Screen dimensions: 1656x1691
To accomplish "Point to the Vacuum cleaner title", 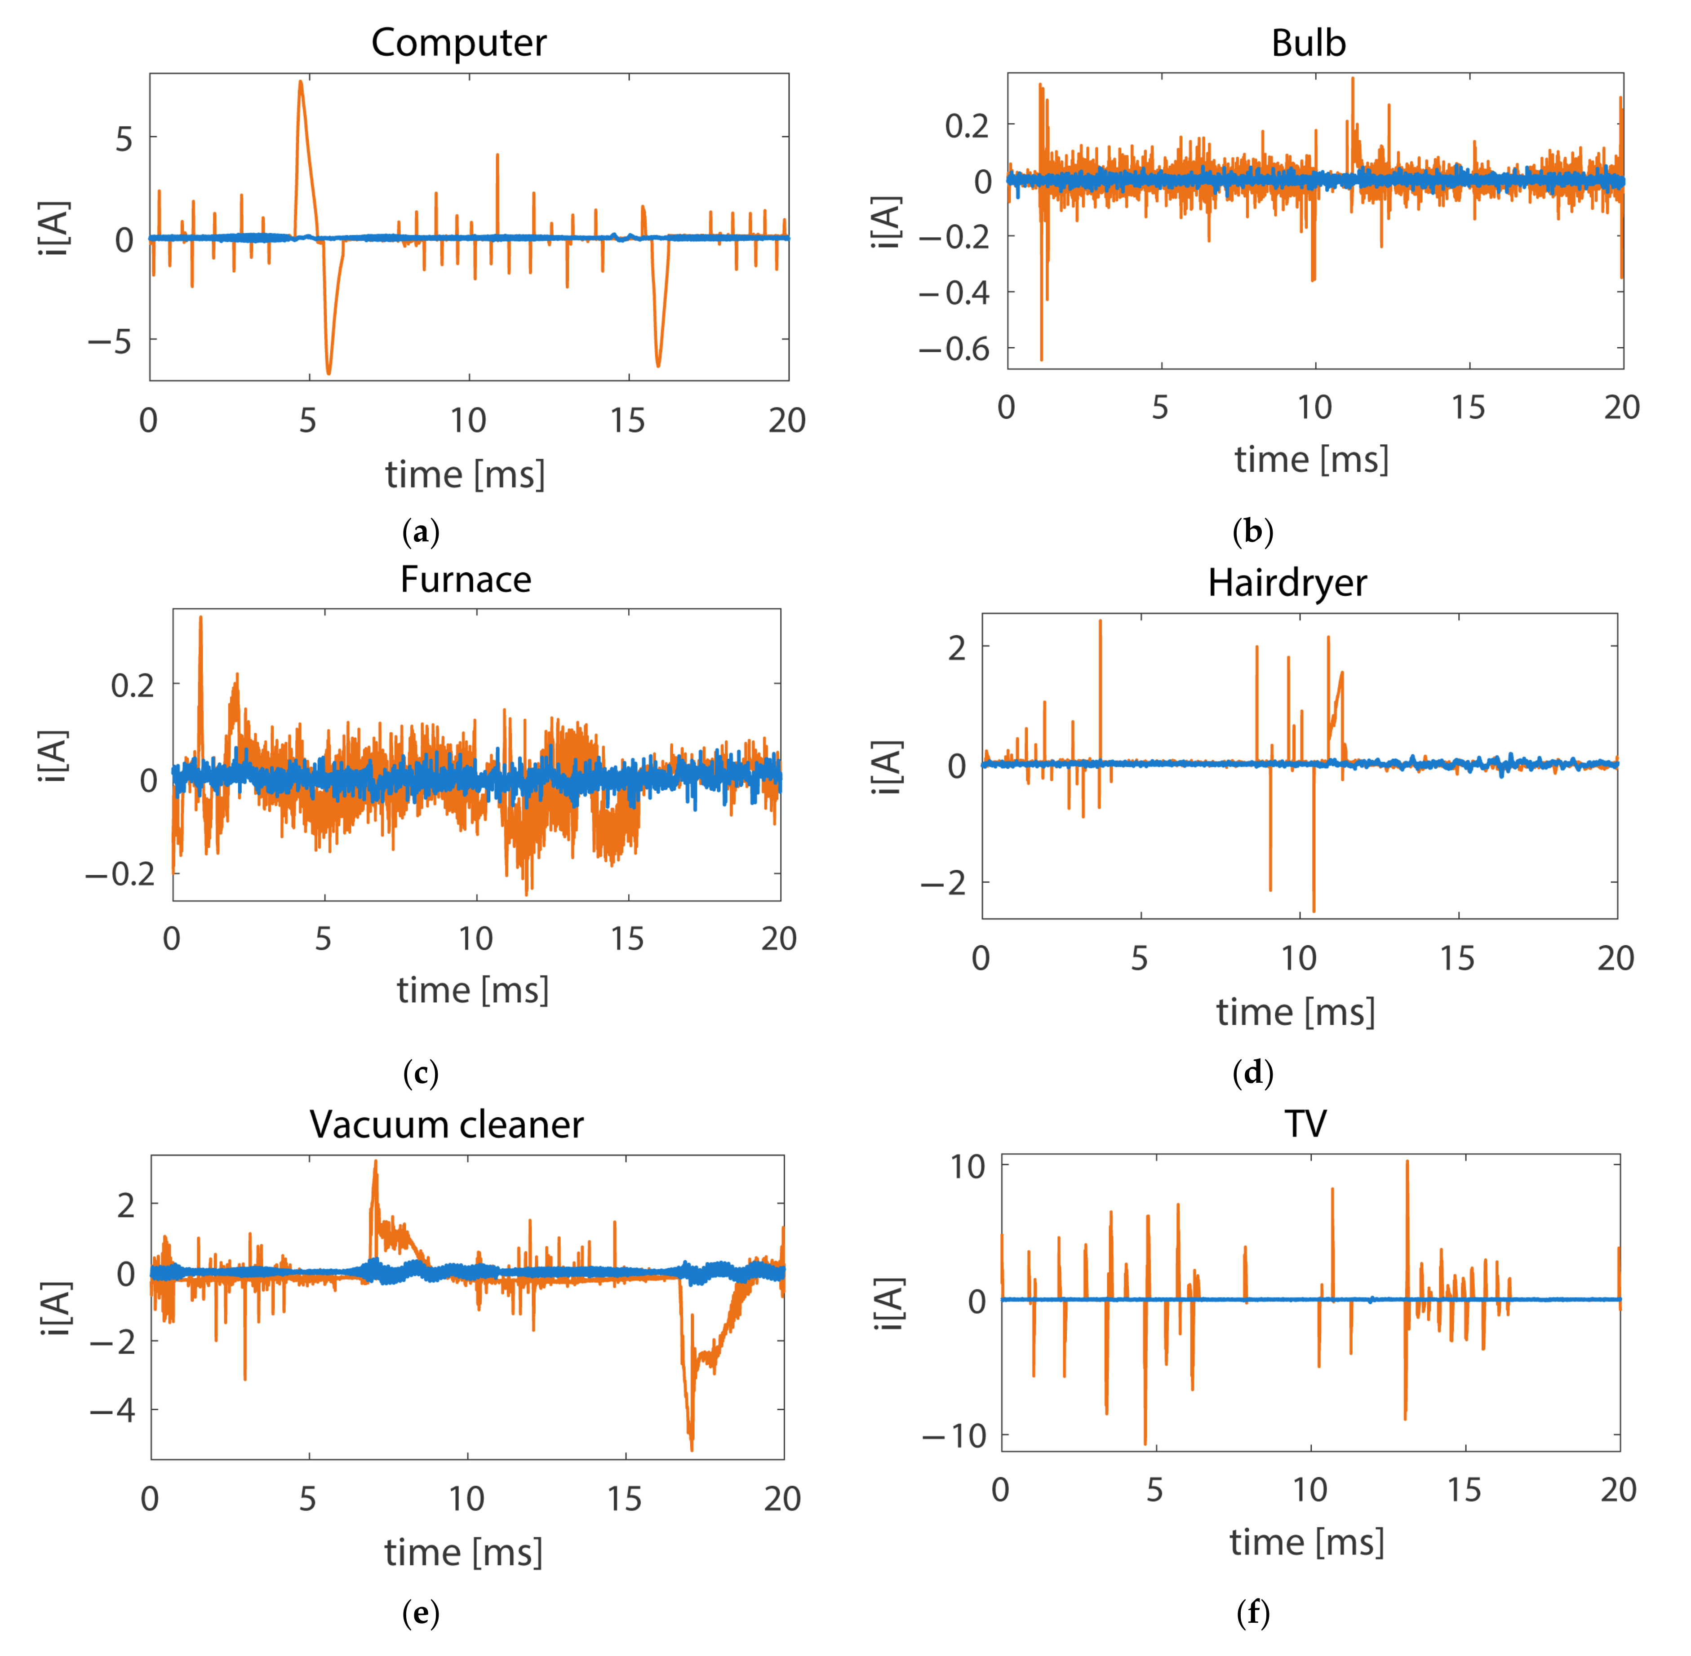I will click(x=446, y=1125).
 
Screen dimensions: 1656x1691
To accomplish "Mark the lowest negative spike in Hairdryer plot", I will click(x=1314, y=910).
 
